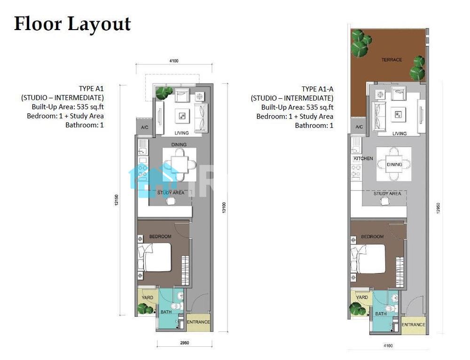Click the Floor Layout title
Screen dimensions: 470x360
point(72,24)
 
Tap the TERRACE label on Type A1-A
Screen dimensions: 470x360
point(392,60)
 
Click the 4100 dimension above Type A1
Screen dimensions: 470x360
point(174,61)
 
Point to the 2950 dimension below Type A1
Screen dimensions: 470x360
point(185,343)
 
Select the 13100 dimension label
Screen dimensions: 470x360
point(224,208)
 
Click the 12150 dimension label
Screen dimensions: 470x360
point(117,200)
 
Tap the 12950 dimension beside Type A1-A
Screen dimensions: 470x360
point(438,208)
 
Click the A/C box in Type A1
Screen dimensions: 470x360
point(144,127)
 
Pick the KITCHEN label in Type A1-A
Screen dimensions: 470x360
point(363,158)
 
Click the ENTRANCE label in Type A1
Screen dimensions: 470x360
point(198,322)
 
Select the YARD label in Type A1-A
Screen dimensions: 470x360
point(362,297)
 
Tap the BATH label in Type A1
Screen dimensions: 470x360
point(166,312)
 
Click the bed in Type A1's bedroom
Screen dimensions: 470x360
point(154,258)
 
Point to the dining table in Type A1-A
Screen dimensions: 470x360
point(394,164)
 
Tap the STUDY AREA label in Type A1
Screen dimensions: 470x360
point(171,193)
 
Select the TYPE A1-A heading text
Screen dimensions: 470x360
point(317,89)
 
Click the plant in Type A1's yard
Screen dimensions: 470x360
point(145,308)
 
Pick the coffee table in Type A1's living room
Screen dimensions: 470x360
point(182,116)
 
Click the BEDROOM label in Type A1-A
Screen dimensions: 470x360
point(372,236)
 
